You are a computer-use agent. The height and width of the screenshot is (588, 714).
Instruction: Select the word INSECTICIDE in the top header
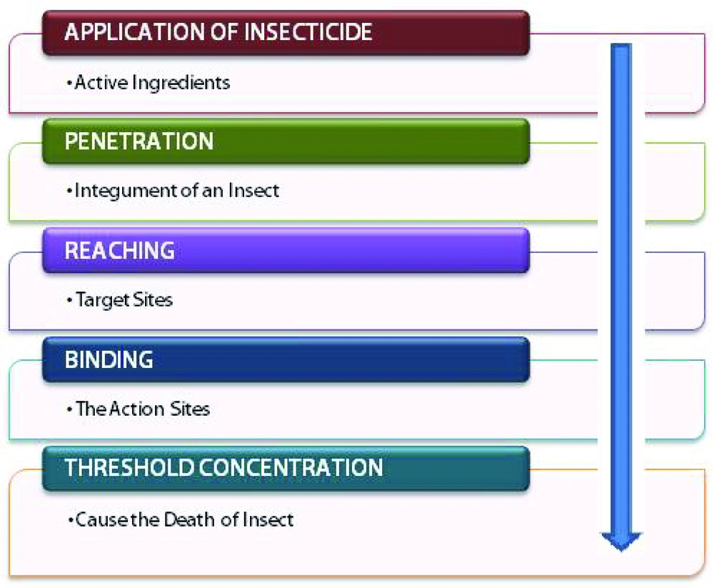tap(308, 32)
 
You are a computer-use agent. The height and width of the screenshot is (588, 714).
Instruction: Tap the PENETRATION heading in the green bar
tap(139, 141)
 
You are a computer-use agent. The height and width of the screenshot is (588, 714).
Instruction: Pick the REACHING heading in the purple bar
tap(120, 250)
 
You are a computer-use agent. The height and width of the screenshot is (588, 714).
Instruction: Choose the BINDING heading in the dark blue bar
tap(109, 359)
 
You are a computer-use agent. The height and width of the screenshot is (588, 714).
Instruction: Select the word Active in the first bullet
tap(101, 82)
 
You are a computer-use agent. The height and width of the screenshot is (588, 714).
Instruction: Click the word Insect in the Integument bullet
tap(253, 190)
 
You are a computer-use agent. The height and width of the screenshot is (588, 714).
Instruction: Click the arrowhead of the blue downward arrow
tap(621, 541)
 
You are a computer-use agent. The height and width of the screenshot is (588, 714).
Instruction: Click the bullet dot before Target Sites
tap(69, 300)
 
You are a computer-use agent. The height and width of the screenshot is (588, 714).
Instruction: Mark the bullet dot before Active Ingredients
tap(69, 83)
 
